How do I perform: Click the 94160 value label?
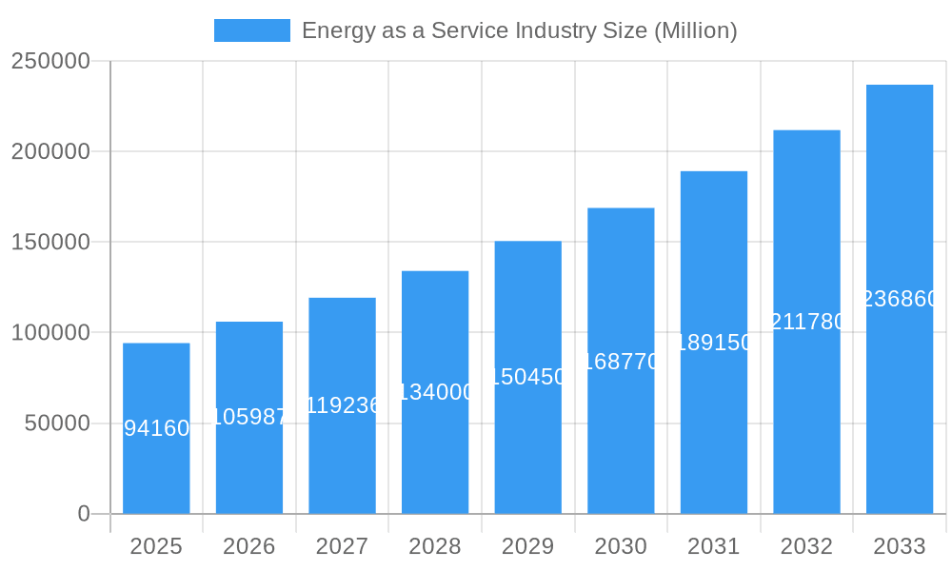tap(156, 428)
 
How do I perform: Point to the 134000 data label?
tap(435, 392)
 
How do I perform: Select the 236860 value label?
tap(899, 299)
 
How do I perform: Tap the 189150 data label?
tap(713, 343)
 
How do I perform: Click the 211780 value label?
tap(806, 322)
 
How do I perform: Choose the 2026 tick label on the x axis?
tap(249, 546)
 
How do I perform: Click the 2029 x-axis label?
tap(527, 546)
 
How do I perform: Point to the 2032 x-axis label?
tap(806, 546)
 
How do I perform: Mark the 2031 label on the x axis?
tap(713, 546)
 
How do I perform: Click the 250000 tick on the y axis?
tap(50, 62)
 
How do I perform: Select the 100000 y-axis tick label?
tap(50, 333)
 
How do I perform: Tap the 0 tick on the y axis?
tap(84, 514)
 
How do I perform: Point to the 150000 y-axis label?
tap(50, 243)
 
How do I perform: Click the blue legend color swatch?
tap(251, 30)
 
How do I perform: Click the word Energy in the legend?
tap(332, 30)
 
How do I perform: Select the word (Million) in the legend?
tap(695, 30)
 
